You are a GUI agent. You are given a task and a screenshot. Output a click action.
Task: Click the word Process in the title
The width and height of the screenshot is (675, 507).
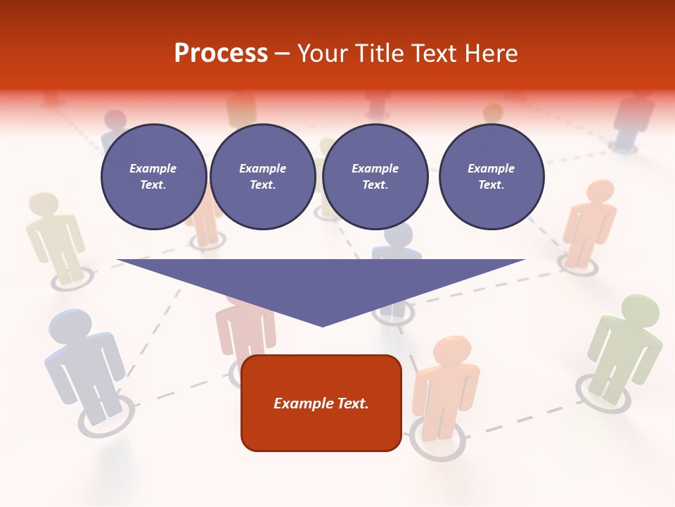(x=221, y=54)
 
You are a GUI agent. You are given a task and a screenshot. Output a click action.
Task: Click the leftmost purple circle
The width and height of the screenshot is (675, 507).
(x=153, y=177)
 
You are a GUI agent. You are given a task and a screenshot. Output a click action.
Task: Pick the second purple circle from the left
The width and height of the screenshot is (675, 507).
(x=262, y=177)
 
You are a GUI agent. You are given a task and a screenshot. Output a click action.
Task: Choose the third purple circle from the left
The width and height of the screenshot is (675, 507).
(x=375, y=177)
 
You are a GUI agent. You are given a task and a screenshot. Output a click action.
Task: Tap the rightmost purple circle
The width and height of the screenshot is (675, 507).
(x=491, y=177)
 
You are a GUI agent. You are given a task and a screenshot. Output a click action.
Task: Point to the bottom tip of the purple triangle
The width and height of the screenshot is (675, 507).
(x=323, y=325)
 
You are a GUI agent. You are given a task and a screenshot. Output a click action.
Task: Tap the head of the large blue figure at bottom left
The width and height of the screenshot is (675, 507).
(x=70, y=325)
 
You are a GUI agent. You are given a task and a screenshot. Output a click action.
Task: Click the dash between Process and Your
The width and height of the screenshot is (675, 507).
(x=282, y=54)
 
